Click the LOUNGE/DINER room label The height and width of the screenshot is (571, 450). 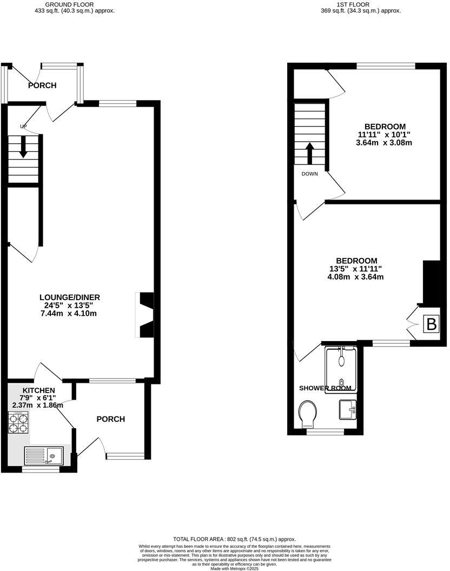[70, 297]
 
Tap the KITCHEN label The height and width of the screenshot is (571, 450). [38, 390]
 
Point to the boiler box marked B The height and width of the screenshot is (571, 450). [431, 324]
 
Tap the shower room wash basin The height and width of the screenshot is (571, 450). [347, 409]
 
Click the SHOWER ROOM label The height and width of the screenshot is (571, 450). [325, 388]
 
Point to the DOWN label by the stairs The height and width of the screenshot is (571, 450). [310, 174]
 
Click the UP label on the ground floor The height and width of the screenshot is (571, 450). [23, 127]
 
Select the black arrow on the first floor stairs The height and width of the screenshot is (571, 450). [310, 153]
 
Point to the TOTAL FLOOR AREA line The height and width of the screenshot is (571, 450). [234, 539]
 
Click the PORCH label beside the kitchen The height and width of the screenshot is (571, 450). [110, 419]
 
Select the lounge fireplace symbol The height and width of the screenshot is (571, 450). [145, 315]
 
